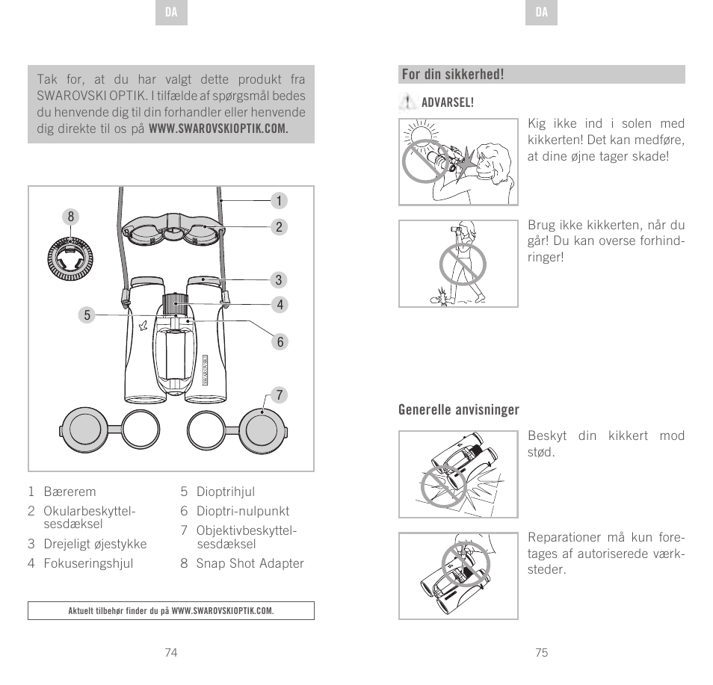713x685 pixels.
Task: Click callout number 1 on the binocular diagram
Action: pos(278,201)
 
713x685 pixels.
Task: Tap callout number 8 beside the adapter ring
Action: pos(71,217)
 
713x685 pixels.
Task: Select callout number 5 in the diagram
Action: pos(87,315)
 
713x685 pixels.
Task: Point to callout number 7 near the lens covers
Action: pos(278,394)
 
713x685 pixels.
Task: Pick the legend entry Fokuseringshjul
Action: pos(88,563)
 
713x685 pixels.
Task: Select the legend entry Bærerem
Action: pos(70,492)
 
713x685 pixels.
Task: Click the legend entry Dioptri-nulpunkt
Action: pos(242,511)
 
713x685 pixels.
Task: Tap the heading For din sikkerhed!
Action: pos(453,75)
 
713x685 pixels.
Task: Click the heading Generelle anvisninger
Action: pos(458,410)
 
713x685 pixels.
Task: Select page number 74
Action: pos(171,652)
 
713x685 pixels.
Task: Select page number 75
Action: pos(542,652)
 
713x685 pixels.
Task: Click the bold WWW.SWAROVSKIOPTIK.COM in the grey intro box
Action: pos(218,128)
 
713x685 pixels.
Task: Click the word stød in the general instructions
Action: pos(541,453)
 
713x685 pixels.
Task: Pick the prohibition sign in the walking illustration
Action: pos(463,264)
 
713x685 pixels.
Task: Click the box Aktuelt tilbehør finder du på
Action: pos(171,611)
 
